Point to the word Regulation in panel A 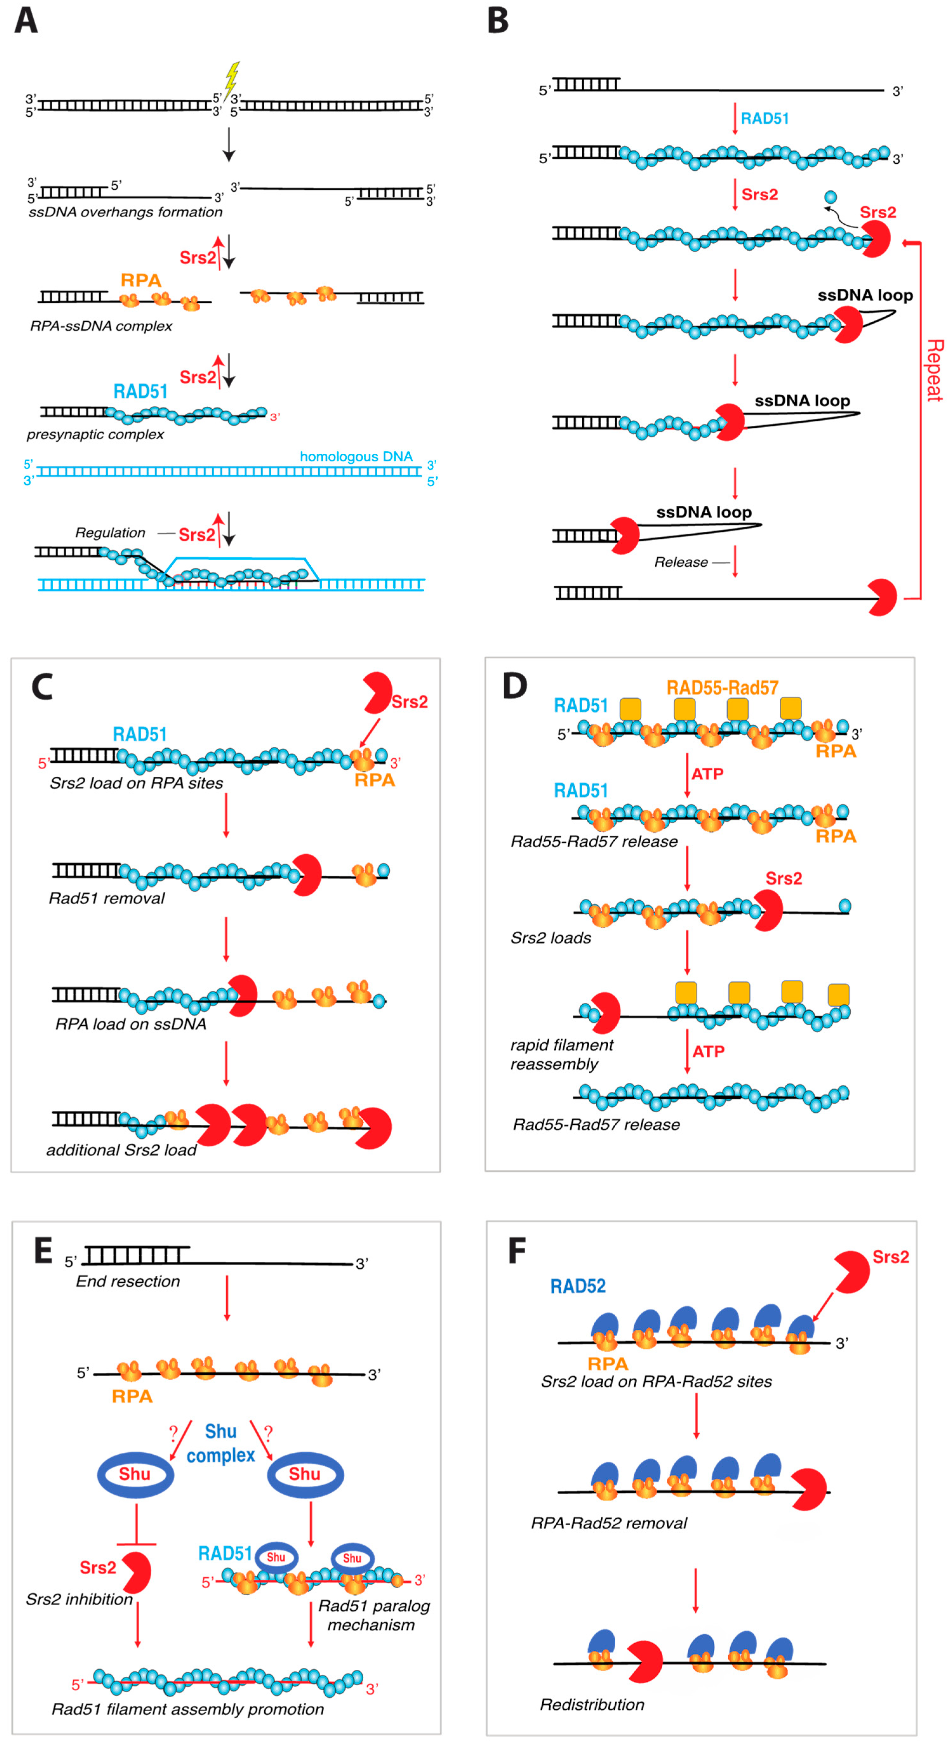[110, 532]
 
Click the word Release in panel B [681, 562]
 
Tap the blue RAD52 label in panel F [578, 1286]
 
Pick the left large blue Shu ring [135, 1474]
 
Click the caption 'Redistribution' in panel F [592, 1704]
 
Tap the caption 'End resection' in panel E [128, 1281]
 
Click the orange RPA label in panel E [132, 1396]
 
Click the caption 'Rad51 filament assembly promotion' [188, 1709]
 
